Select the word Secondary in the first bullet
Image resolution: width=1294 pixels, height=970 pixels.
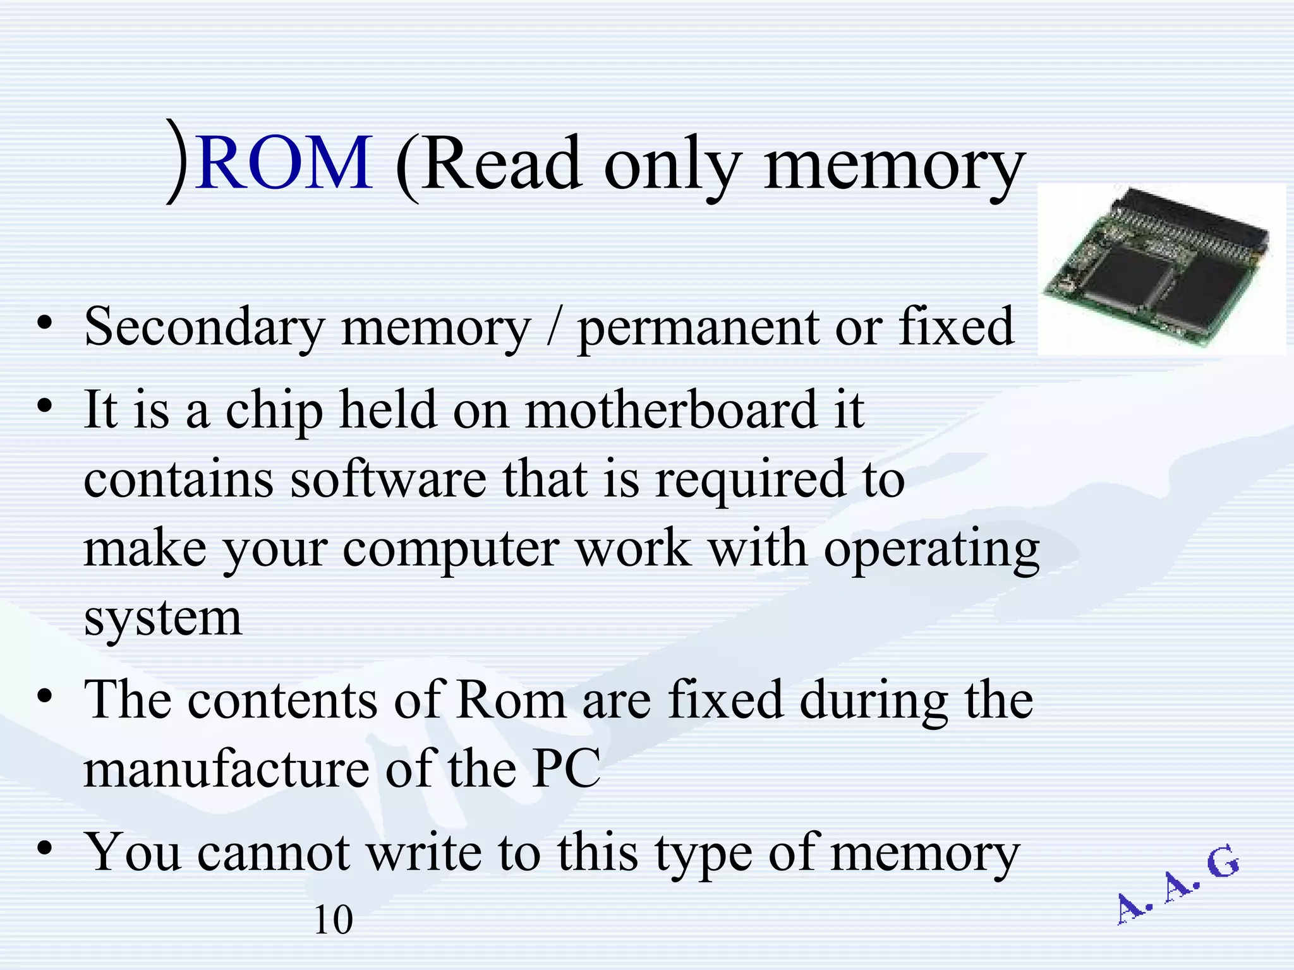pyautogui.click(x=203, y=327)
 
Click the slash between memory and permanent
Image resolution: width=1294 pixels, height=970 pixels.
pyautogui.click(x=554, y=327)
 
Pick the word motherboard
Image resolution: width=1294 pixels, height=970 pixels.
pyautogui.click(x=671, y=410)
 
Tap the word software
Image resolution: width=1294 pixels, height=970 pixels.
pyautogui.click(x=388, y=479)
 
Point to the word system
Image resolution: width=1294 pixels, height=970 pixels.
pyautogui.click(x=162, y=618)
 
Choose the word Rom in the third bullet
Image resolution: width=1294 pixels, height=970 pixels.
pyautogui.click(x=511, y=700)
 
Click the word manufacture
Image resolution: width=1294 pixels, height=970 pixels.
pyautogui.click(x=226, y=769)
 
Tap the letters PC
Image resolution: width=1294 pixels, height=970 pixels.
pyautogui.click(x=565, y=769)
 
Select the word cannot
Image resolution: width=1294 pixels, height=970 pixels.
pyautogui.click(x=273, y=853)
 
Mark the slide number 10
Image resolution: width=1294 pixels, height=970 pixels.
pyautogui.click(x=333, y=920)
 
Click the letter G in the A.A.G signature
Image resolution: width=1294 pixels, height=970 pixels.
pyautogui.click(x=1223, y=863)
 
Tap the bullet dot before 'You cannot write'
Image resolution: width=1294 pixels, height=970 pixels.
pyautogui.click(x=44, y=849)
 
